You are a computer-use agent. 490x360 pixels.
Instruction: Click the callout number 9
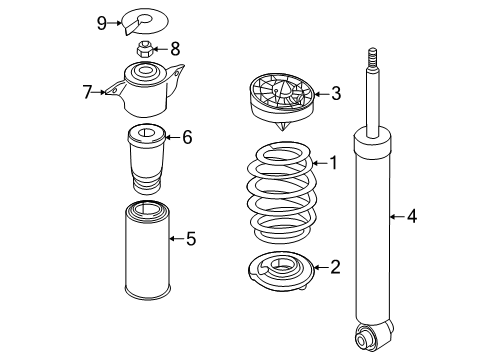tap(102, 23)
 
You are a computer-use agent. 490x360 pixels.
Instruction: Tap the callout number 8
tap(175, 49)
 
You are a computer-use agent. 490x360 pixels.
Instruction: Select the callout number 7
tap(87, 92)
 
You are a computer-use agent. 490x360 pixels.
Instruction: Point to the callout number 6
tap(187, 137)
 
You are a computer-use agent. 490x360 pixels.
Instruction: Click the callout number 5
tap(191, 239)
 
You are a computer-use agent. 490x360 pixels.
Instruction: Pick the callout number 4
tap(412, 216)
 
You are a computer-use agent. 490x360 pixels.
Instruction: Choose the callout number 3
tap(336, 93)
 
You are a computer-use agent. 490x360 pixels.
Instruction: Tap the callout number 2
tap(335, 267)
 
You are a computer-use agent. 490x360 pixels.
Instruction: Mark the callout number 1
tap(333, 163)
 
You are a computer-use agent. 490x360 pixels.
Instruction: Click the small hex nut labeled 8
tap(144, 49)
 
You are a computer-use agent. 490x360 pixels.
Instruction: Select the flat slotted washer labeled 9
tap(144, 22)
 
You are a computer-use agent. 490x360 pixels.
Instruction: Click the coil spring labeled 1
tap(281, 193)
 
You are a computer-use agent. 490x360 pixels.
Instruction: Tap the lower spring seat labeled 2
tap(281, 271)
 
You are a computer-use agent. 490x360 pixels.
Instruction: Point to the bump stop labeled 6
tap(147, 159)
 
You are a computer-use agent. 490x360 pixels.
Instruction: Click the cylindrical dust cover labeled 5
tap(148, 251)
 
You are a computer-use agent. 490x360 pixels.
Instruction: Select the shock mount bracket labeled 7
tap(145, 90)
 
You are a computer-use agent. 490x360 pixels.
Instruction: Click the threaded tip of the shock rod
tap(373, 58)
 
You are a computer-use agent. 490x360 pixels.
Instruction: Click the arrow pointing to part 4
tap(397, 217)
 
